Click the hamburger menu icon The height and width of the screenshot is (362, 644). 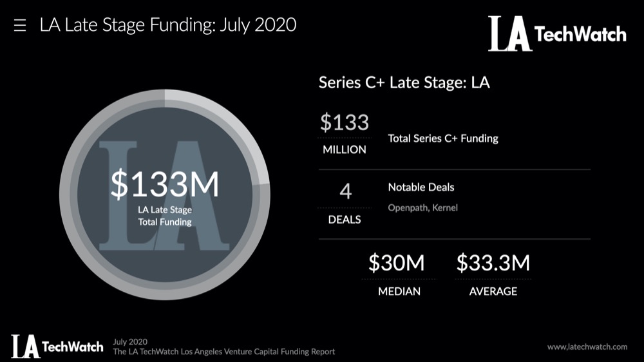coord(19,26)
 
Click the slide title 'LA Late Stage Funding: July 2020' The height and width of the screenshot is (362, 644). coord(167,26)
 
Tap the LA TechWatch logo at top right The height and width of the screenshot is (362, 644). coord(556,33)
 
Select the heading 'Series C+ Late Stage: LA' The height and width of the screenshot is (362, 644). coord(404,83)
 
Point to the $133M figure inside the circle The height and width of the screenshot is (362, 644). coord(165,184)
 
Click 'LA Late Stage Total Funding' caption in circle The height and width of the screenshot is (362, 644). coord(165,216)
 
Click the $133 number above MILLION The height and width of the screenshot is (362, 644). coord(345,122)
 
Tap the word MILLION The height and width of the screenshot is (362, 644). coord(345,149)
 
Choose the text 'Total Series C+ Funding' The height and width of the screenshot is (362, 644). coord(443,138)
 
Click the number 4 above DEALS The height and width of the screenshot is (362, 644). coord(345,192)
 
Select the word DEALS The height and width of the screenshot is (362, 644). coord(345,219)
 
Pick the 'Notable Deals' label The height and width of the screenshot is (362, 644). coord(421,187)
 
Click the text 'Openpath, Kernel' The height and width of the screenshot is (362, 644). coord(422,208)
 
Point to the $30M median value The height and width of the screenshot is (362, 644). coord(397,263)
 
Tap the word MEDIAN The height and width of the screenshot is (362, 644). coord(399,291)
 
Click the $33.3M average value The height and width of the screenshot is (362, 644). coord(493,263)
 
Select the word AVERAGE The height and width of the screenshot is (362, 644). coord(493,291)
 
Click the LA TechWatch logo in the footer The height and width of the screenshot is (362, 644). coord(57,346)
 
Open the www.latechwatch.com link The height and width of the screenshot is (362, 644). coord(587,347)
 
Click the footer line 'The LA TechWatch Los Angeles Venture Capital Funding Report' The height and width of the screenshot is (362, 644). coord(223,352)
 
